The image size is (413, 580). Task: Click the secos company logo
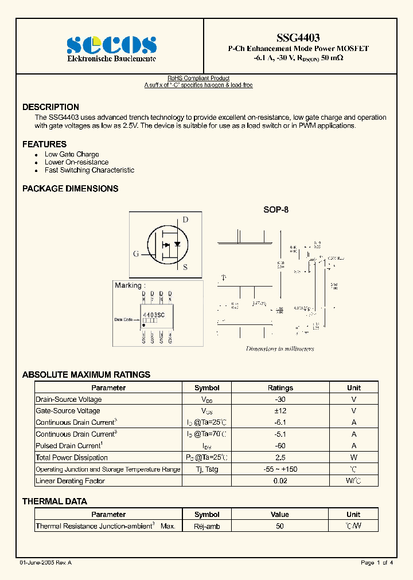pos(111,45)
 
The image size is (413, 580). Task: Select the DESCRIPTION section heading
pos(50,107)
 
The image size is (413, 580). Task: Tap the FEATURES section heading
pos(44,144)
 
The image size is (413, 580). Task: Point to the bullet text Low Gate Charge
pos(72,154)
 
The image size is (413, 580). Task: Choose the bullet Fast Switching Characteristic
pos(89,170)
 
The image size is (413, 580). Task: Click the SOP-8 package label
pos(276,210)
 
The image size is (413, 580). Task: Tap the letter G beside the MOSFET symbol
pos(136,253)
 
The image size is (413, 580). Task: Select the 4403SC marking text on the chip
pos(153,315)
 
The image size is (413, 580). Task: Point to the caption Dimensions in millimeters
pos(280,348)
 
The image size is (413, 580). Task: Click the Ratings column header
pos(280,387)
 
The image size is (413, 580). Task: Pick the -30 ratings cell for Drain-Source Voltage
pos(280,399)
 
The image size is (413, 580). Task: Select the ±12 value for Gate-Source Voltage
pos(280,410)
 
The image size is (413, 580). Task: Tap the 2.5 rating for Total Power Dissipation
pos(280,457)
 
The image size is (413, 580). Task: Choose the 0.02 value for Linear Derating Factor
pos(280,481)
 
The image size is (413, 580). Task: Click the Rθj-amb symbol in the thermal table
pos(207,526)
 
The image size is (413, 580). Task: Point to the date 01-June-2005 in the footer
pos(45,563)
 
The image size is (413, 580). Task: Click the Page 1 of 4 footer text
pos(377,563)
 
